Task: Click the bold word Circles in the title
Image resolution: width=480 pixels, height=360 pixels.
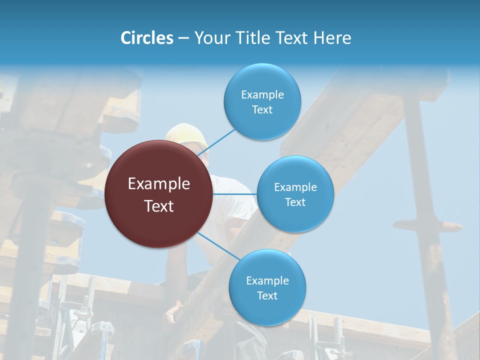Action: [146, 38]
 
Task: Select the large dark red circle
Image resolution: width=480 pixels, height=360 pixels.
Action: [159, 194]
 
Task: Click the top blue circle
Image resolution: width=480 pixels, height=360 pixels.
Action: [262, 101]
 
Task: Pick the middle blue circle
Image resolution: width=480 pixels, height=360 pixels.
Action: [295, 194]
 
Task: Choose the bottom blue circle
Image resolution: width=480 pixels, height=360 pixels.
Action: [267, 287]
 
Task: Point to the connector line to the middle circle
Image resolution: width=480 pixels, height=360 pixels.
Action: [235, 194]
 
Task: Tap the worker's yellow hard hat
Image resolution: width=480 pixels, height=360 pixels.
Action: [186, 133]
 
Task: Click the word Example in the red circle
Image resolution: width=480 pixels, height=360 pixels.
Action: [159, 184]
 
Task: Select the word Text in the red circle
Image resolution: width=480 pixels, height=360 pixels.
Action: [159, 206]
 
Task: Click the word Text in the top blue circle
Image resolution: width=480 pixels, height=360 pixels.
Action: [262, 110]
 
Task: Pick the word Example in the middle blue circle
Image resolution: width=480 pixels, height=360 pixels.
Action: [295, 187]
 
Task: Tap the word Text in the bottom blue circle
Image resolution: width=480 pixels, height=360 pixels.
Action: [267, 296]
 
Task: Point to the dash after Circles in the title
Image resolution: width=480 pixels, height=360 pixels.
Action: [183, 38]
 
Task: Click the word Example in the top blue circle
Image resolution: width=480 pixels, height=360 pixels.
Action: [262, 95]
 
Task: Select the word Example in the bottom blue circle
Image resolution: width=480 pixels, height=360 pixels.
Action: [267, 281]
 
